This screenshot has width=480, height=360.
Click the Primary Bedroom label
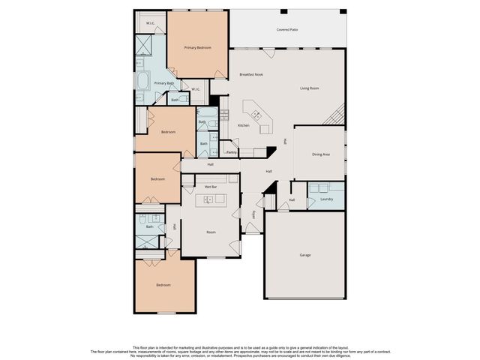pos(197,47)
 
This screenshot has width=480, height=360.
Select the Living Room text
pos(310,88)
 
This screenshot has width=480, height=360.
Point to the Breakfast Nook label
pos(250,74)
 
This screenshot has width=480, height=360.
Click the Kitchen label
pos(244,125)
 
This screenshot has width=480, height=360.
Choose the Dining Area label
pos(321,154)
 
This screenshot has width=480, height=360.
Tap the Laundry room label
pos(326,199)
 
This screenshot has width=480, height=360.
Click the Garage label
pos(305,255)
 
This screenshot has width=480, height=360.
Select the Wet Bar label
pos(211,186)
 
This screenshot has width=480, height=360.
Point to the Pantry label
pos(232,152)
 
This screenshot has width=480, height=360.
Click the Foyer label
pos(255,214)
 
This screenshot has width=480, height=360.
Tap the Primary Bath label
pos(164,83)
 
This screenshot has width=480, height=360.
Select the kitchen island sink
pos(256,115)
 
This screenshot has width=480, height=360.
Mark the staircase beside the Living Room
pos(335,115)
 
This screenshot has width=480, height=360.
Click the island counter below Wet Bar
pos(211,199)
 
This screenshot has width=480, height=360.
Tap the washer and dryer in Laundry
pos(319,187)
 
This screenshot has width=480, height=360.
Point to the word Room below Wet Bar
pos(211,232)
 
